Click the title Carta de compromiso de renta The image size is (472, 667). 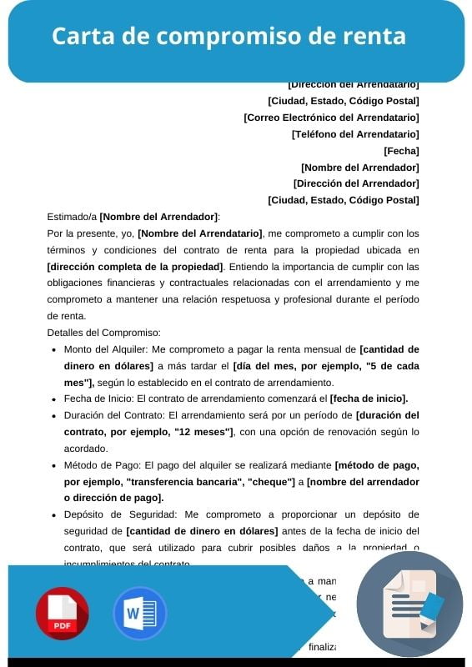coord(228,37)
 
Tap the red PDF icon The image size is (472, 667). coord(62,614)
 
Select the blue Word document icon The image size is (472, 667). coord(139,614)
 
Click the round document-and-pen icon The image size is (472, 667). coord(409,604)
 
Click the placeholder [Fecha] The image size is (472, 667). coord(401,151)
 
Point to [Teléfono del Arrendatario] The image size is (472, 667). coord(355,134)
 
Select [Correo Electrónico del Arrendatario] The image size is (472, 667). coord(331,118)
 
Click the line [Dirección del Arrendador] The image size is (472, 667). coord(356,183)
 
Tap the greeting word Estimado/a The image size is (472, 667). coord(73,217)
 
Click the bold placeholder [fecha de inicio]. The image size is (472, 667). coord(369,399)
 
